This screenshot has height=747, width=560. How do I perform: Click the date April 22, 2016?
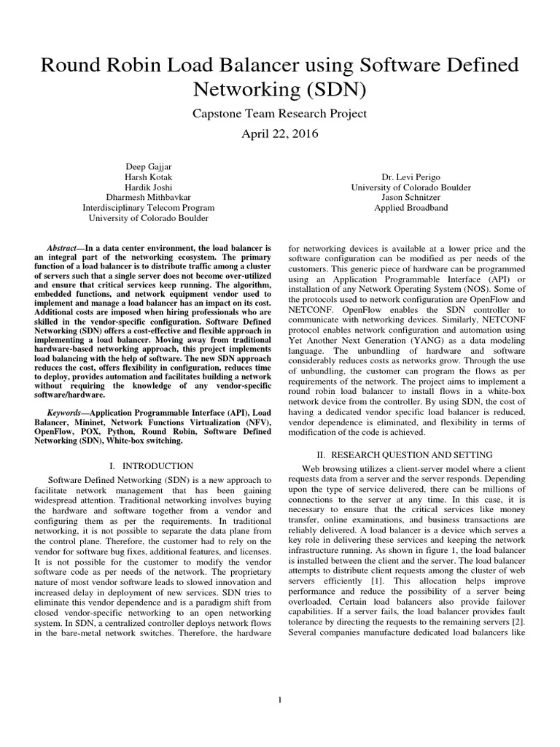279,135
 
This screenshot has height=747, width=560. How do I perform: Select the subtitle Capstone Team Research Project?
279,114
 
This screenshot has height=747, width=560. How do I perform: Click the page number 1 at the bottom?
281,700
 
